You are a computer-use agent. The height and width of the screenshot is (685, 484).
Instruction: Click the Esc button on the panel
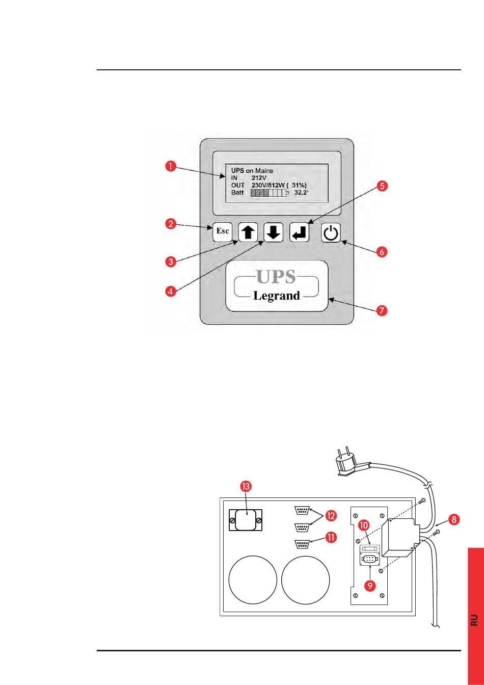(223, 231)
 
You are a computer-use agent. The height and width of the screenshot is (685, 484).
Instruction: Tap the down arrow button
(273, 232)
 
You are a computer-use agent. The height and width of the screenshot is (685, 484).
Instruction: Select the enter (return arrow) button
(300, 232)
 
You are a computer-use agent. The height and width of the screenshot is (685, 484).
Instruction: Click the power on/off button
(331, 234)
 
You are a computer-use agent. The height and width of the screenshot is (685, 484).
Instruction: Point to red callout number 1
(170, 166)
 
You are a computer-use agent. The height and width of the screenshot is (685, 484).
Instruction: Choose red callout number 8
(454, 519)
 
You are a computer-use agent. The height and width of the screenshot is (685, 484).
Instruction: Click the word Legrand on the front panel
(276, 296)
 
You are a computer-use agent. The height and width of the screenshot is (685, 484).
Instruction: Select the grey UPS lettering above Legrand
(276, 276)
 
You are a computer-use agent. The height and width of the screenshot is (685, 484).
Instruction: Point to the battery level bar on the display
(269, 193)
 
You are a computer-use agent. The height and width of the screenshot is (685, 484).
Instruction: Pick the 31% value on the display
(299, 185)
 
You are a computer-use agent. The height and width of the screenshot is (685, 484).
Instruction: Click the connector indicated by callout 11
(303, 544)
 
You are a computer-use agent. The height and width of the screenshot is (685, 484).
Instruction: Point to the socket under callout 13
(246, 520)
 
